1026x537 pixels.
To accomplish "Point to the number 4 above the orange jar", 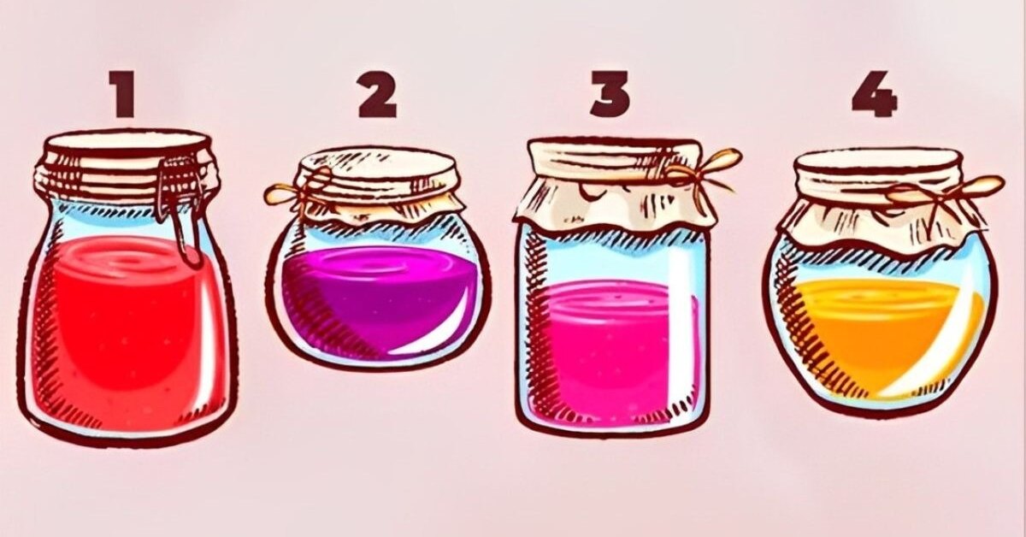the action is pos(875,94).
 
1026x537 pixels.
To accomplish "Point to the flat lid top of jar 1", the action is pos(125,141).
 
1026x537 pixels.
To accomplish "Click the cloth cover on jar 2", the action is pos(375,188).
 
